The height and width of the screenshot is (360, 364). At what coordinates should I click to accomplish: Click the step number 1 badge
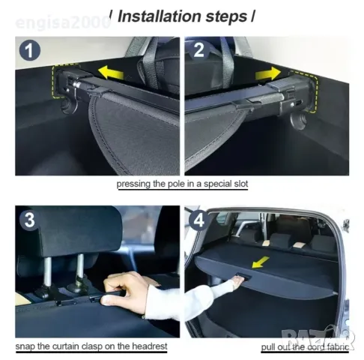click(x=30, y=51)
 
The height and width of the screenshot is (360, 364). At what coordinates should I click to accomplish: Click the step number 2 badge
click(x=199, y=50)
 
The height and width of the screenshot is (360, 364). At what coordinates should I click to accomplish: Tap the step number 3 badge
click(x=29, y=220)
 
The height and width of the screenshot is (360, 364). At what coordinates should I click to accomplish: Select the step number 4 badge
click(x=199, y=220)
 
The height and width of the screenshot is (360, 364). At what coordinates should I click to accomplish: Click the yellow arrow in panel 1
click(x=111, y=72)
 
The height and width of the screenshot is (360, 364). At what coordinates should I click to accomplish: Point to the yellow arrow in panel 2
click(x=268, y=73)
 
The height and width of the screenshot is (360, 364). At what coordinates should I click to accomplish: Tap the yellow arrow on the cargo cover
click(x=260, y=262)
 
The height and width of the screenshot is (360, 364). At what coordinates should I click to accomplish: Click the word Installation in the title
click(x=160, y=16)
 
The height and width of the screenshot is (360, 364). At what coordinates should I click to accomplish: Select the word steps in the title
click(x=226, y=17)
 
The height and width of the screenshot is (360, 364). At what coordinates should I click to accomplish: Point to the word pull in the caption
click(x=267, y=347)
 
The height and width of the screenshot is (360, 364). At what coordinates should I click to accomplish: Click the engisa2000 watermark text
click(x=63, y=23)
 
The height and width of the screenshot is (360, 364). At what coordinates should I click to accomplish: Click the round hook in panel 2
click(x=298, y=120)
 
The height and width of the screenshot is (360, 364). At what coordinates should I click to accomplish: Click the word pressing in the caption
click(x=133, y=184)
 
